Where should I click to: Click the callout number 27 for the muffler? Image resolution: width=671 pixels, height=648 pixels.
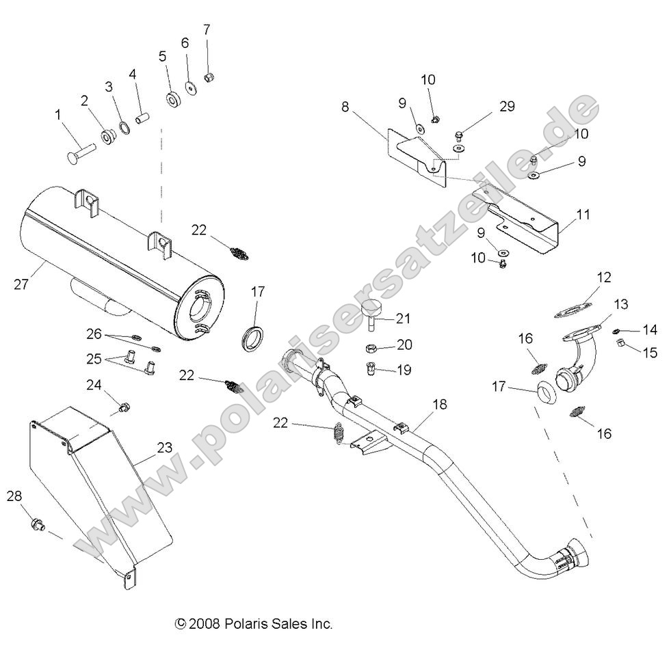(21, 284)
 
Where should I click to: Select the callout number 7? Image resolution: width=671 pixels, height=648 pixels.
(207, 29)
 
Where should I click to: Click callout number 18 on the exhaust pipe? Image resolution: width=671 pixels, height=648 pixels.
(438, 405)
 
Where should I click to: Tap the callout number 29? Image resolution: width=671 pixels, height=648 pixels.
(506, 107)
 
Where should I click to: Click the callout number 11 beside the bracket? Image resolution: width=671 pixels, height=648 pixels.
(583, 215)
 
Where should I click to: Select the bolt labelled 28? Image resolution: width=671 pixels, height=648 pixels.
(38, 525)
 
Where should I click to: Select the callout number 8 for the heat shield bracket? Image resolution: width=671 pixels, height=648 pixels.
(345, 107)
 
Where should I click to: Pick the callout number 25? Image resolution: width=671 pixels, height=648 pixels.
(94, 358)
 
